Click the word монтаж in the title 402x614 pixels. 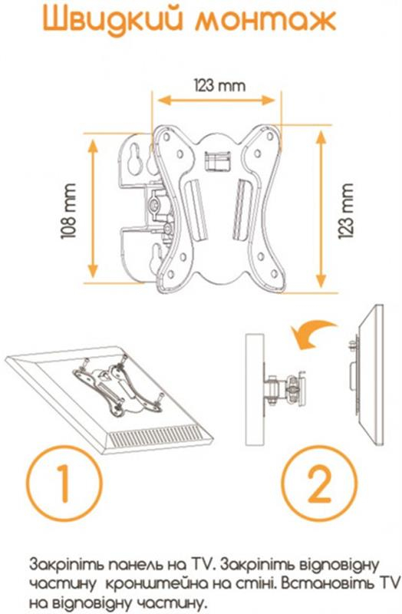(265, 21)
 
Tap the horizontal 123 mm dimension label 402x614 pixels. (220, 85)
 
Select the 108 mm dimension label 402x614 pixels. (68, 210)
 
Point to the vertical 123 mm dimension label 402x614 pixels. (346, 210)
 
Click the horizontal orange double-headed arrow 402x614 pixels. (216, 100)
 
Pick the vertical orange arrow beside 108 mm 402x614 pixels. (93, 208)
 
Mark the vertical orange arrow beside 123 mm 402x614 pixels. (321, 209)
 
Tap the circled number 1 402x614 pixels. (64, 483)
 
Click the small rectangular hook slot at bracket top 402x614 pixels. (216, 161)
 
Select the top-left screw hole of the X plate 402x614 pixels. (166, 137)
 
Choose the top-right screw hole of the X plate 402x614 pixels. (270, 137)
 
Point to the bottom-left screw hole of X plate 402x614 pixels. (171, 274)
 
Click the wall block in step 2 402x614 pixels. (255, 390)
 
